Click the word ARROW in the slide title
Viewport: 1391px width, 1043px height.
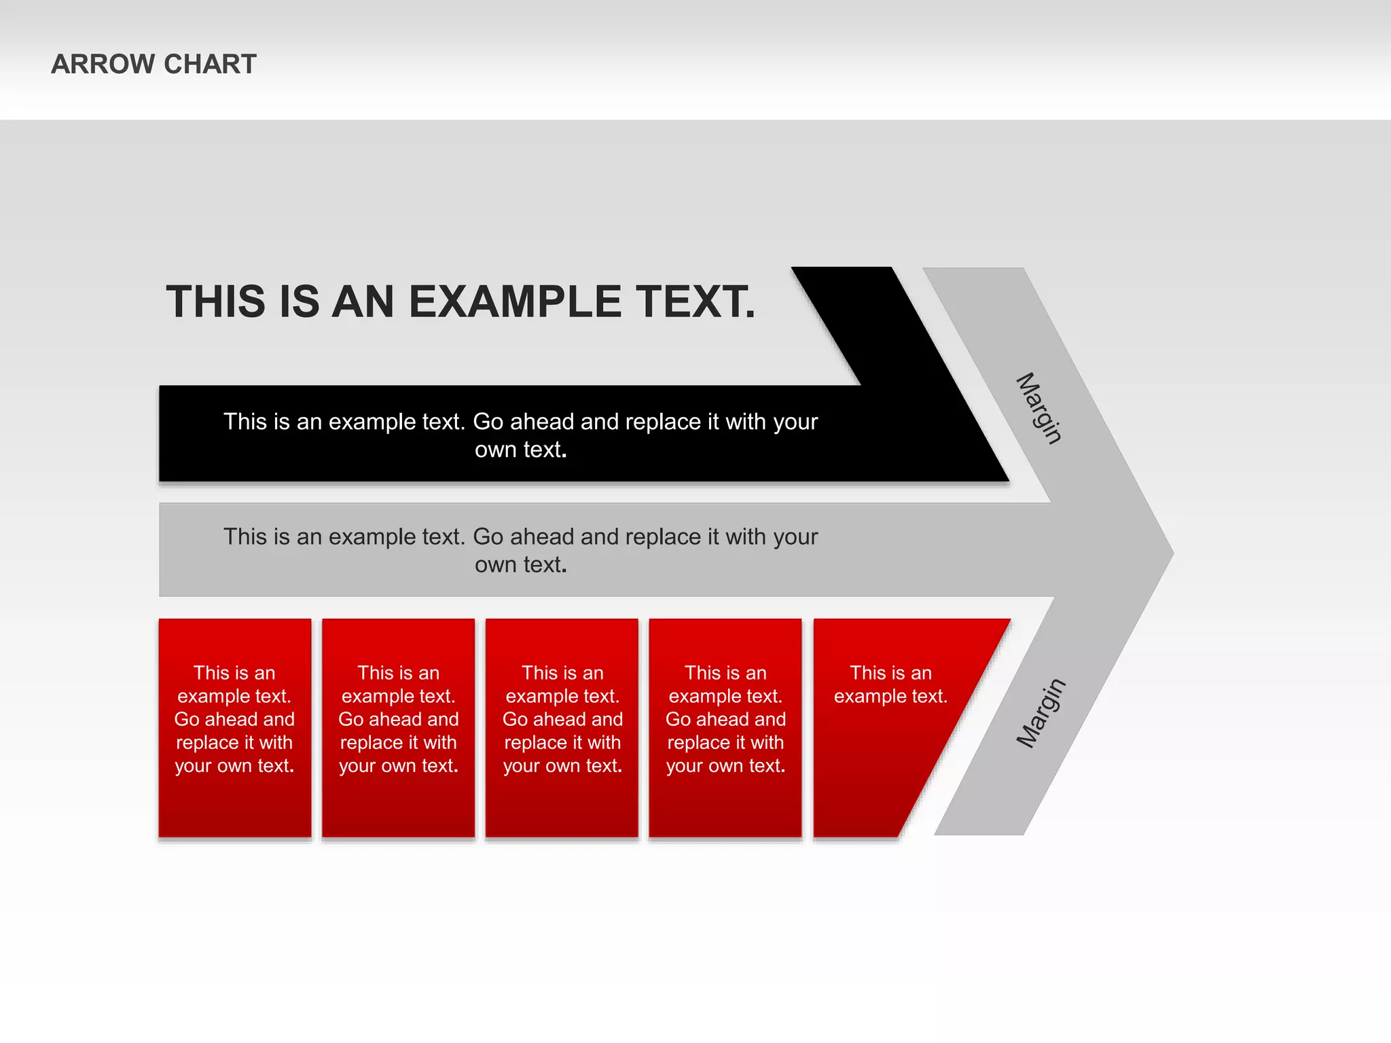coord(103,65)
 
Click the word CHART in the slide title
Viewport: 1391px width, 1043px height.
coord(210,65)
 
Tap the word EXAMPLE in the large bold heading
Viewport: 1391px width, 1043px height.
coord(515,301)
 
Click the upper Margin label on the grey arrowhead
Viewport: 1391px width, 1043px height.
coord(1038,408)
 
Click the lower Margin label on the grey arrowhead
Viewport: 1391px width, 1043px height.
coord(1041,713)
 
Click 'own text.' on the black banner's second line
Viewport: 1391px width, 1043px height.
coord(521,450)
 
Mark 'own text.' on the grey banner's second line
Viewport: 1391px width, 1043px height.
coord(521,565)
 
